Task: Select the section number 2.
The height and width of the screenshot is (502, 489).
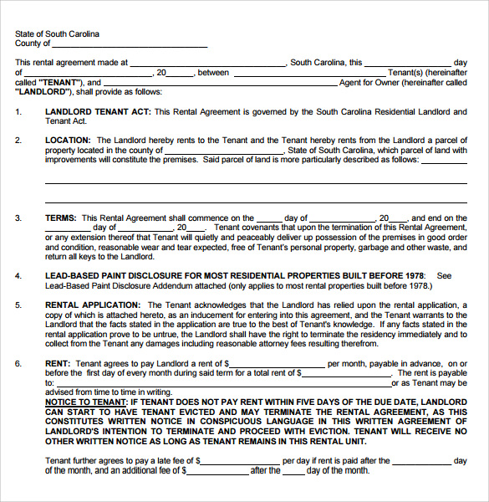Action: click(x=18, y=141)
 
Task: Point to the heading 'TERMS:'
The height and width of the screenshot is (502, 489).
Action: click(x=61, y=218)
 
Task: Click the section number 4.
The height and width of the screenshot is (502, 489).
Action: click(x=18, y=275)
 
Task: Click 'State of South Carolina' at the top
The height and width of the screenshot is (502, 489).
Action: click(x=57, y=34)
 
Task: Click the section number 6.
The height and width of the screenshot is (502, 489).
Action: click(x=18, y=364)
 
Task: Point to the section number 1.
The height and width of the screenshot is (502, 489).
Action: click(x=18, y=111)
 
